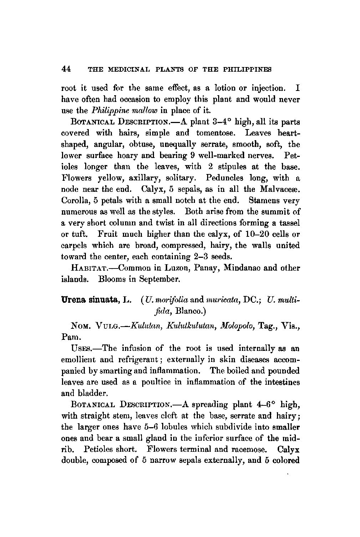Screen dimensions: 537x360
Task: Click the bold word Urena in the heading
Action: [x=73, y=302]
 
